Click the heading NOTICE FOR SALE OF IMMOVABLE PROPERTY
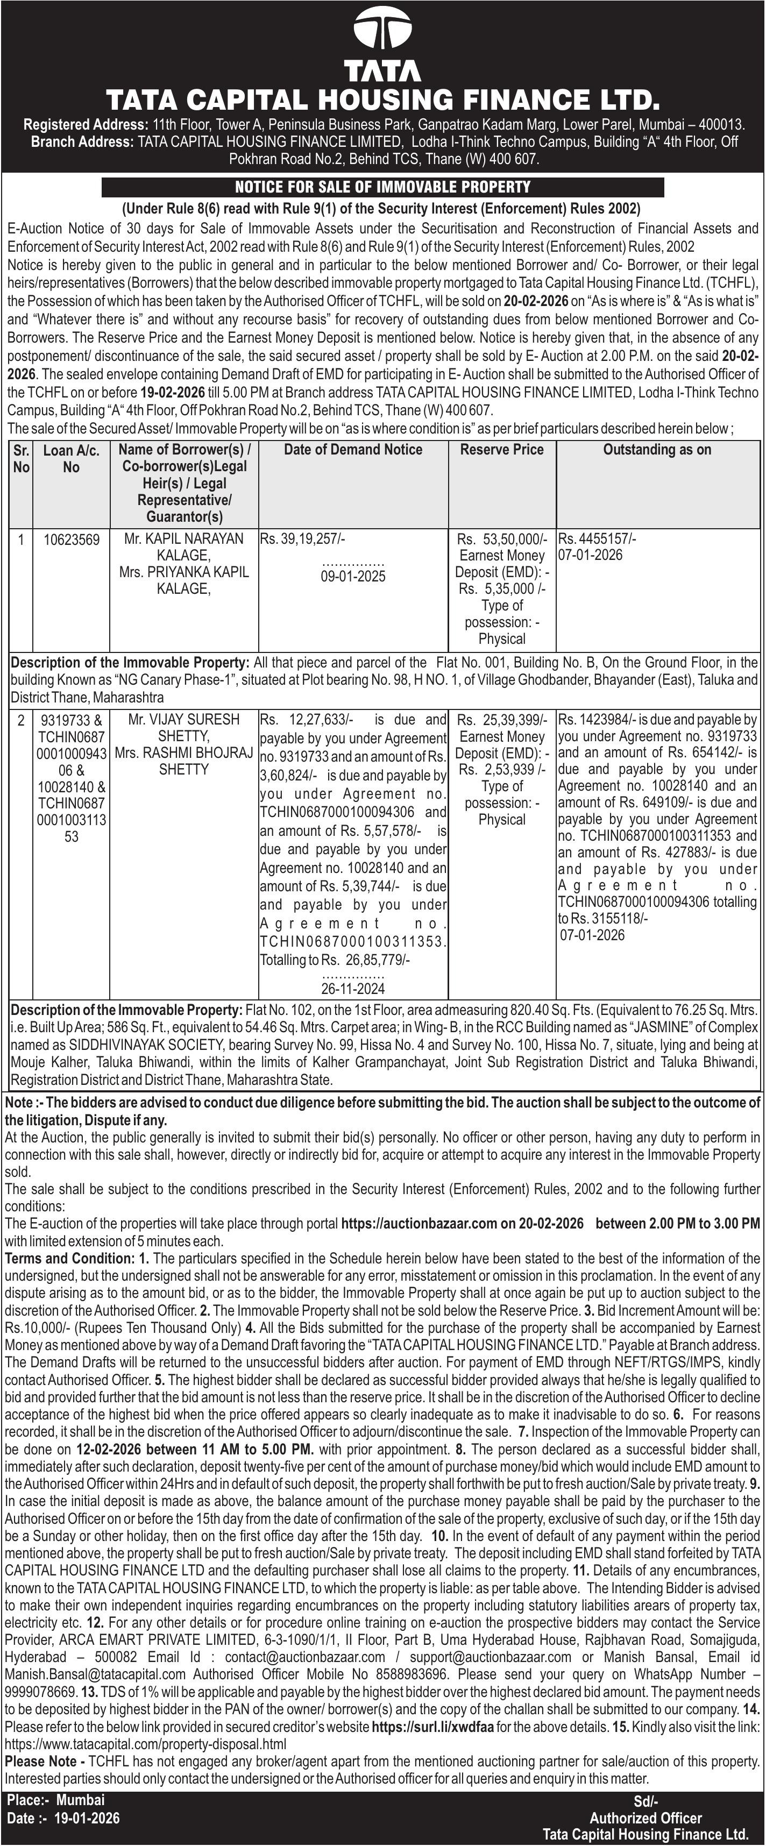pyautogui.click(x=382, y=188)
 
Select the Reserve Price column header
pyautogui.click(x=501, y=450)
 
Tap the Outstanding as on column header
pyautogui.click(x=657, y=450)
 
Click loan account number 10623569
pyautogui.click(x=71, y=539)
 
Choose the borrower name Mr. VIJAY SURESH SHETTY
pyautogui.click(x=183, y=727)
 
